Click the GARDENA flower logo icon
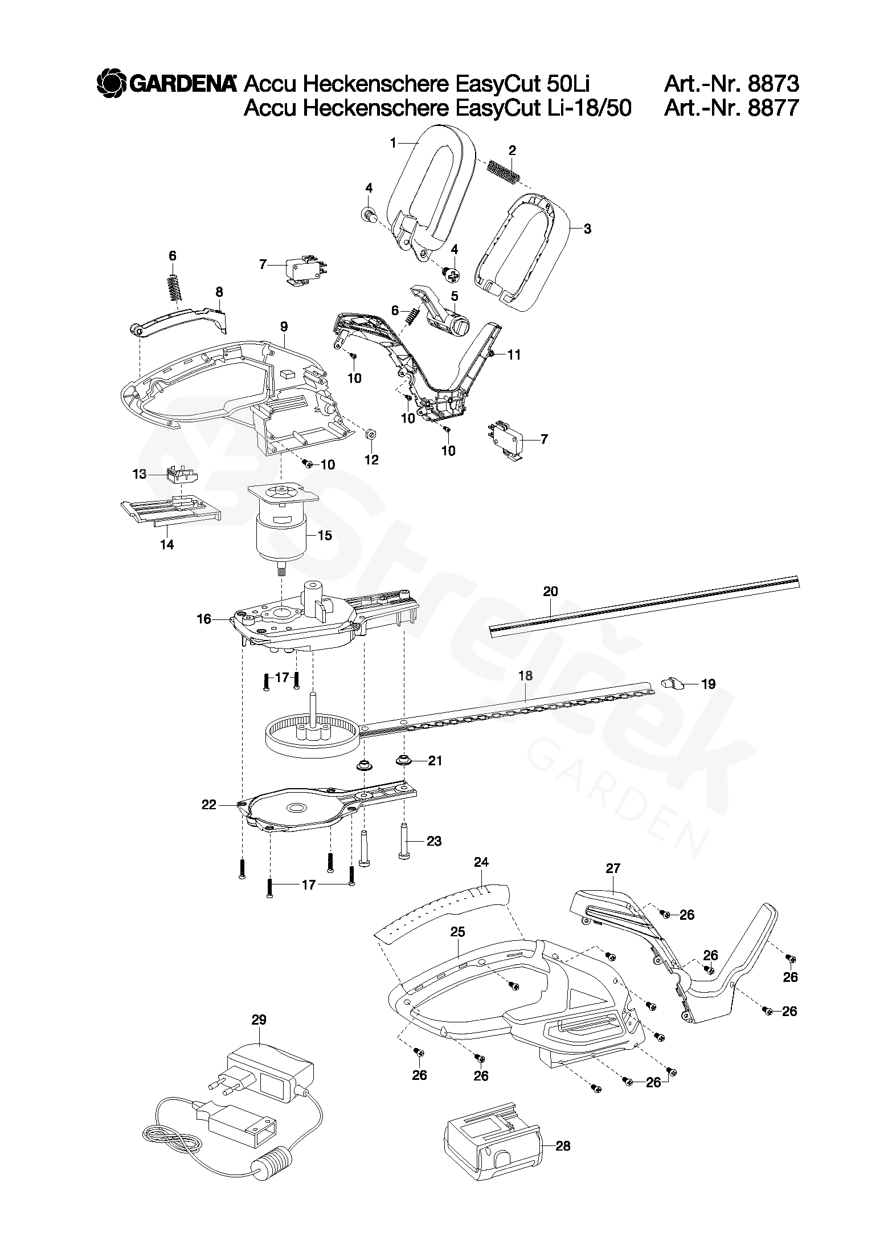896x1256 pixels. [111, 84]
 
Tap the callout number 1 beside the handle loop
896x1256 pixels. [392, 143]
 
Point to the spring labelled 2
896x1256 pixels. [504, 170]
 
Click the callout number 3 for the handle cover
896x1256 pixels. [587, 229]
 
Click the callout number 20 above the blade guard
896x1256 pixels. [550, 591]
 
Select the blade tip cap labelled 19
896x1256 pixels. [673, 683]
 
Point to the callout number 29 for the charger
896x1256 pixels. [259, 1020]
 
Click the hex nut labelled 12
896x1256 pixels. [371, 435]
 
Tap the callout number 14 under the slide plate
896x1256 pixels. [167, 545]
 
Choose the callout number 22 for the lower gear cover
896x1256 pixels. [209, 805]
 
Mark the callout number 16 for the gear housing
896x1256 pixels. [204, 619]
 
